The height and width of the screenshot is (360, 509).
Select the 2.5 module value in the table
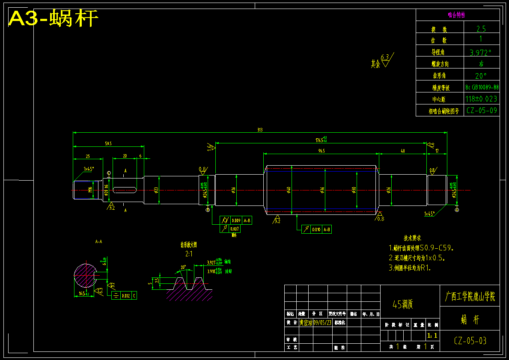click(481, 29)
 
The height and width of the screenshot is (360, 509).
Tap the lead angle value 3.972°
click(481, 53)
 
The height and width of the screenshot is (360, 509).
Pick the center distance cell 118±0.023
click(482, 98)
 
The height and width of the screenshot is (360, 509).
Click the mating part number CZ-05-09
click(482, 110)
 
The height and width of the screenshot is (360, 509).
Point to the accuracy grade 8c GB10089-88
click(482, 87)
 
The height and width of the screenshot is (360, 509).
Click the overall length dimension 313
click(259, 130)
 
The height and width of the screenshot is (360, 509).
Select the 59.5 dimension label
click(108, 144)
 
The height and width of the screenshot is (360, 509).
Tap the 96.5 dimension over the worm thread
click(321, 150)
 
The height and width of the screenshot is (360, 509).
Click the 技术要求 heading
click(412, 238)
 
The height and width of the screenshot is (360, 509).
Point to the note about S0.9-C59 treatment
click(421, 248)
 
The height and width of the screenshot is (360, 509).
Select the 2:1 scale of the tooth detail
click(188, 254)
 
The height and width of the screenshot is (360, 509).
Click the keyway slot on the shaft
click(125, 190)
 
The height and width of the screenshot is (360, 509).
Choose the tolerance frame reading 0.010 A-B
click(317, 229)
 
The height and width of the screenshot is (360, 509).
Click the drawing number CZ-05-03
click(470, 341)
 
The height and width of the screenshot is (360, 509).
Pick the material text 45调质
click(402, 304)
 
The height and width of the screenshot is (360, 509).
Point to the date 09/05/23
click(322, 322)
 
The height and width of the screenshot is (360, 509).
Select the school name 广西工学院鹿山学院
click(470, 297)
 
